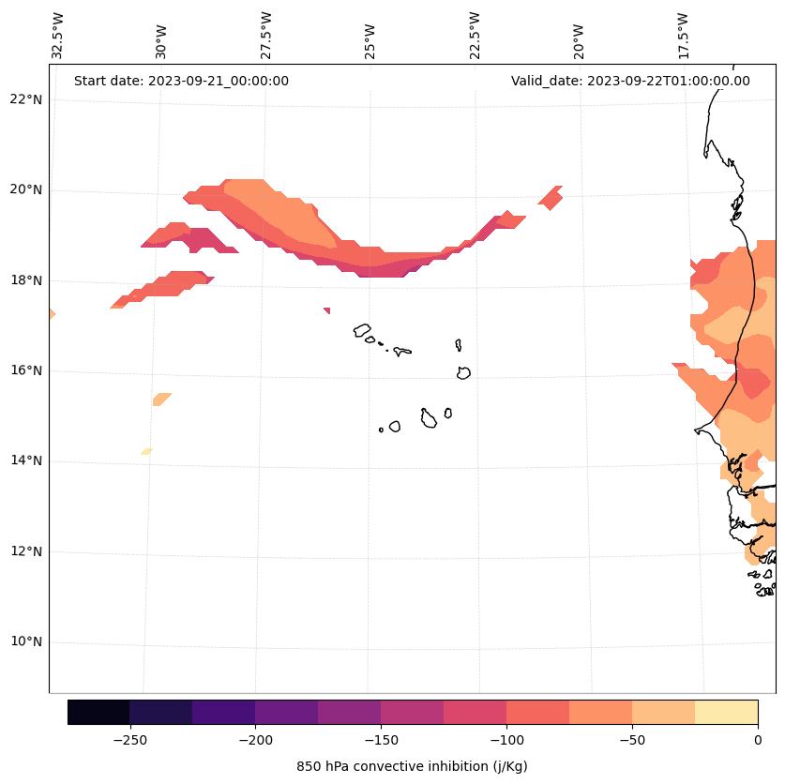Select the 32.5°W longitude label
tap(58, 36)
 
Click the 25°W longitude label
tap(371, 36)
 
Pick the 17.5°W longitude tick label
tap(684, 36)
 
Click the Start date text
tap(181, 81)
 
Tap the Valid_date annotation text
tap(630, 81)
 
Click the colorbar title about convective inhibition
tap(412, 766)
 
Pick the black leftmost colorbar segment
tap(98, 712)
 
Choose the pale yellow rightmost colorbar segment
tap(726, 712)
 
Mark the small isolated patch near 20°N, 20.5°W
tap(551, 198)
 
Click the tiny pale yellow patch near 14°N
tap(146, 451)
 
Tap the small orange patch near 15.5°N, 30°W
tap(161, 400)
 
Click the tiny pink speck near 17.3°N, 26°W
tap(326, 310)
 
